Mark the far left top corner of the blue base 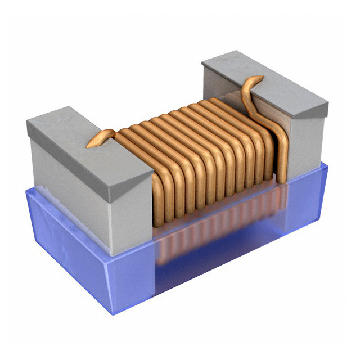click(25, 189)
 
